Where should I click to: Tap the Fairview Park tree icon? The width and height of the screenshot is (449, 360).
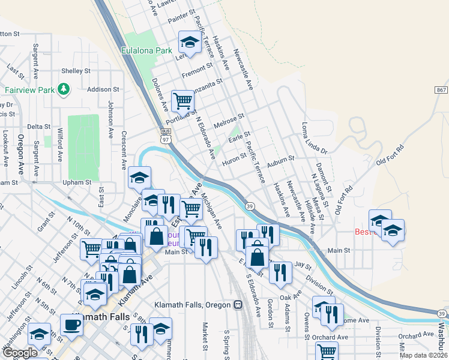[64, 89]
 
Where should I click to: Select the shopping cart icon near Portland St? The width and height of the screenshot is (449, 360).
[182, 101]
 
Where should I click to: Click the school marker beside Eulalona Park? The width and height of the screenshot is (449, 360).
[190, 43]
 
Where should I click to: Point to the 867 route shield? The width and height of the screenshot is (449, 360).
[441, 89]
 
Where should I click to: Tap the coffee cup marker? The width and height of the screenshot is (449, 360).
[72, 325]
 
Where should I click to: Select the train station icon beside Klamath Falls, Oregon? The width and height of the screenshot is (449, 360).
[238, 305]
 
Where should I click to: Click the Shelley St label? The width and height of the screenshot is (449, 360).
[76, 71]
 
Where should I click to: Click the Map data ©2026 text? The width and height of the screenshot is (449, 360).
[423, 355]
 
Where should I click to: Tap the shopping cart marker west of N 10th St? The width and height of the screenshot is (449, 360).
[91, 248]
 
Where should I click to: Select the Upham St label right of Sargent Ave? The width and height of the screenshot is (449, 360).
[76, 182]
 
